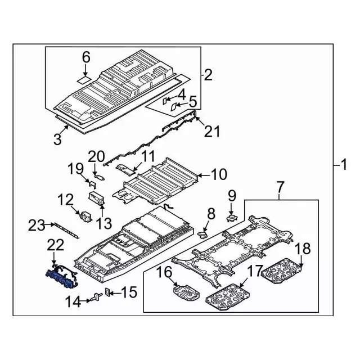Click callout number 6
(86, 57)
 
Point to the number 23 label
(37, 226)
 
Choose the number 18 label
(303, 249)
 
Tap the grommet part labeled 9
(230, 217)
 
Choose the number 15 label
(129, 292)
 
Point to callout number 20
(96, 156)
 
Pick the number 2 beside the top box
(208, 74)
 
